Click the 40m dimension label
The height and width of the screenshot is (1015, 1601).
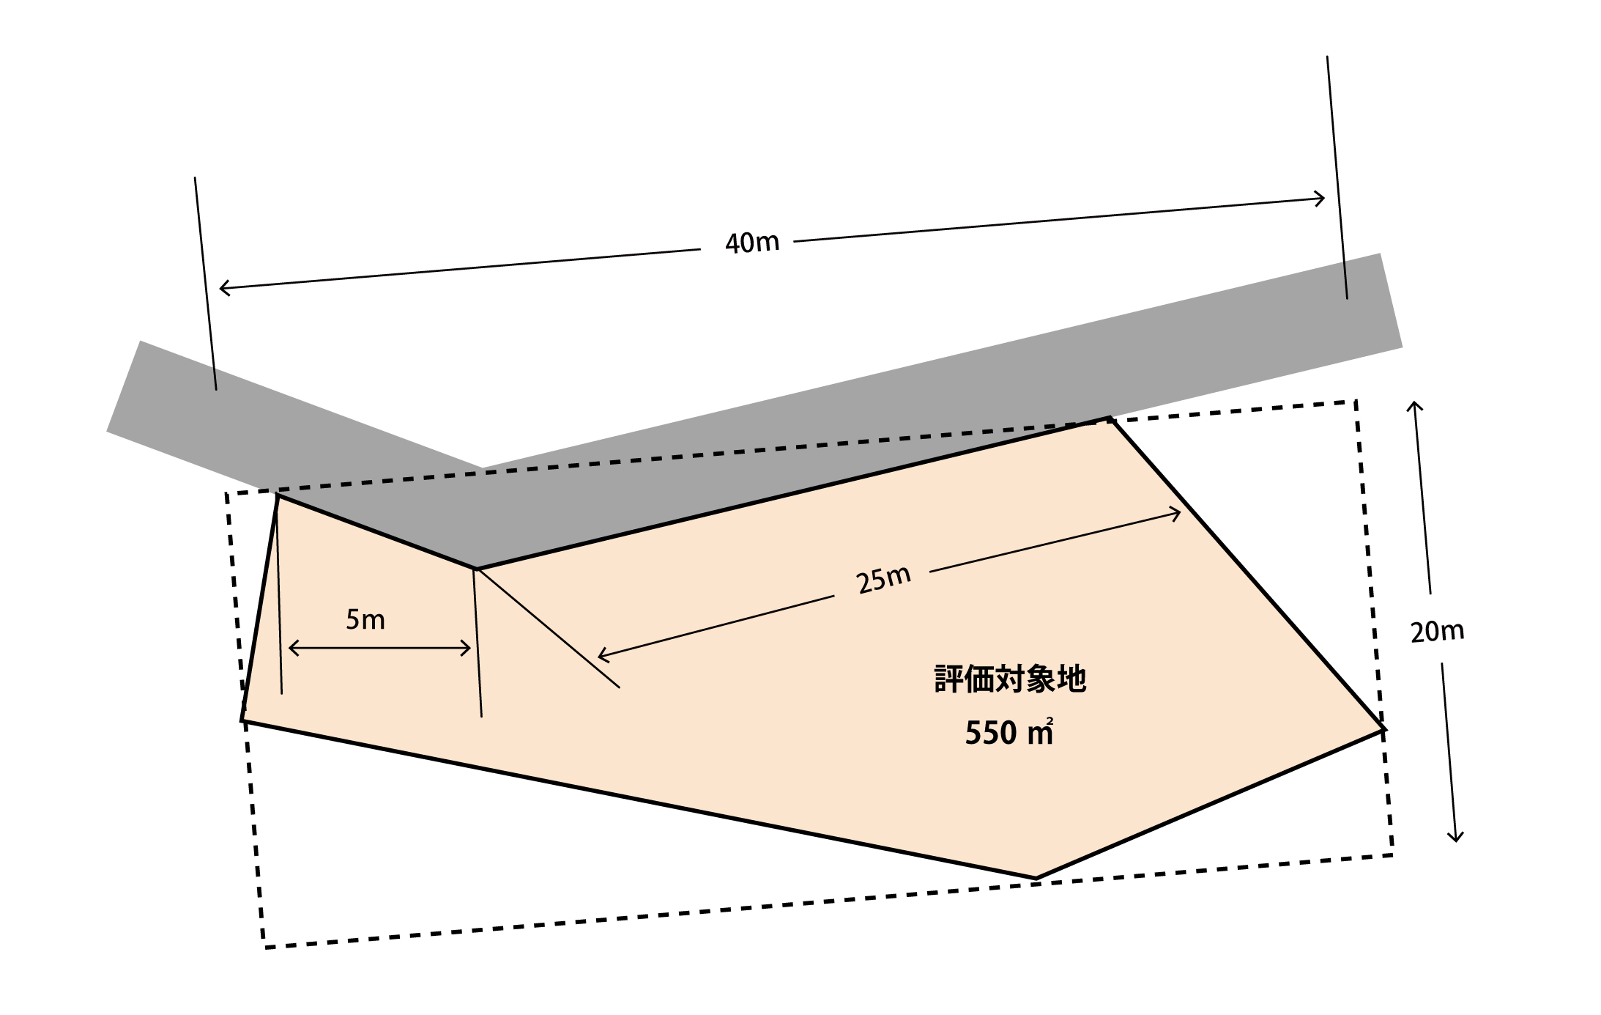(752, 243)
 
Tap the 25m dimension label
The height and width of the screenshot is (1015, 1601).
(883, 579)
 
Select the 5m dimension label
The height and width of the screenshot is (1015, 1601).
(365, 620)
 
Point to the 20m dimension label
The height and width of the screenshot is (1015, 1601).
(1437, 631)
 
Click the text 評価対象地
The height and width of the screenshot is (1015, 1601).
(1010, 679)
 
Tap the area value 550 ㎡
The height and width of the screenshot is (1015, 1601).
(1009, 733)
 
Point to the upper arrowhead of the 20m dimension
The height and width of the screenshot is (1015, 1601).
(1415, 402)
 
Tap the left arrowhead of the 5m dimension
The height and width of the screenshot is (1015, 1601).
(289, 648)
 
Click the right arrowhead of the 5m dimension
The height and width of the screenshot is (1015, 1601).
(470, 648)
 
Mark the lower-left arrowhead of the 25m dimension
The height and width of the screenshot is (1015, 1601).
(598, 655)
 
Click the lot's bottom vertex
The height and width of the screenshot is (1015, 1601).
(1036, 878)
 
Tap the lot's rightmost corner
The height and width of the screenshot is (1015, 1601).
(1383, 729)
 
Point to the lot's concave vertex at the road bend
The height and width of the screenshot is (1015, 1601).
(476, 568)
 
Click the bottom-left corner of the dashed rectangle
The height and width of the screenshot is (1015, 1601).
(265, 948)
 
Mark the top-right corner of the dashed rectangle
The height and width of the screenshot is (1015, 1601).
(1356, 401)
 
